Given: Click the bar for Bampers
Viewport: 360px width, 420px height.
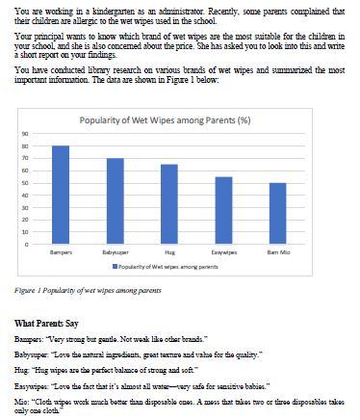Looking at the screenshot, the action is [60, 196].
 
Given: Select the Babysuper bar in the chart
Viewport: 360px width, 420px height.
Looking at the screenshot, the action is [115, 201].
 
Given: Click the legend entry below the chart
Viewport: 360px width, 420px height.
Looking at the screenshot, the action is [168, 267].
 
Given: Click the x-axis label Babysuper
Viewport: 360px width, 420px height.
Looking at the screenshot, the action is [115, 253].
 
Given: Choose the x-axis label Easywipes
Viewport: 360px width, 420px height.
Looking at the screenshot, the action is [223, 253].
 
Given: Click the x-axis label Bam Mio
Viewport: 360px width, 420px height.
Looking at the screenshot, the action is [277, 253].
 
